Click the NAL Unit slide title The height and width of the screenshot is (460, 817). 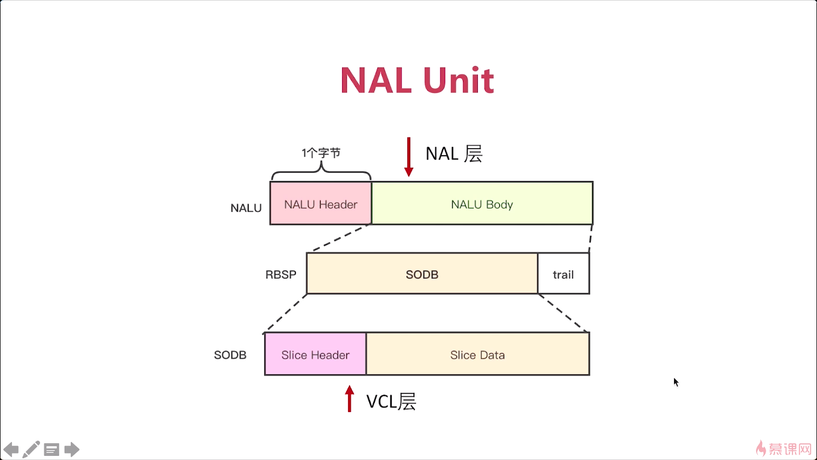(x=417, y=80)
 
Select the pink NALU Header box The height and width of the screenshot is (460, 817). (x=321, y=203)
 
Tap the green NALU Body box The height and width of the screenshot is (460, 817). (x=482, y=203)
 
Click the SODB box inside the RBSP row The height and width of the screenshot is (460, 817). (x=422, y=274)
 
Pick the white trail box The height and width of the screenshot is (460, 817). (x=563, y=274)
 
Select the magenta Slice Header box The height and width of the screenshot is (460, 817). (x=315, y=354)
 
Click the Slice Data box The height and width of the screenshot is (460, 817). (x=478, y=354)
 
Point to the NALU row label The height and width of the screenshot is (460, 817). (x=246, y=208)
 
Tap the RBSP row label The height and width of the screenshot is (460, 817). (x=281, y=274)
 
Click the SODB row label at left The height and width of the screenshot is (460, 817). (x=230, y=355)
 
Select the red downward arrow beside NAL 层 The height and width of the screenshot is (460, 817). (x=409, y=157)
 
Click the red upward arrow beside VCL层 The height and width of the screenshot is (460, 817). (x=349, y=399)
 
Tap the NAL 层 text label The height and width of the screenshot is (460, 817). (x=454, y=153)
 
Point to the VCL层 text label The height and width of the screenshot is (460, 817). (x=391, y=401)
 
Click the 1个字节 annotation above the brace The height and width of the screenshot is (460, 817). (x=321, y=153)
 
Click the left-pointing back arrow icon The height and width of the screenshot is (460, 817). (x=11, y=449)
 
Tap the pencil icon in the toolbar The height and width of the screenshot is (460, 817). (x=31, y=449)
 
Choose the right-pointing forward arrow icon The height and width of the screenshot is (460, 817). (x=72, y=449)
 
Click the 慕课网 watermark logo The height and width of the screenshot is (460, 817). (x=784, y=448)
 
